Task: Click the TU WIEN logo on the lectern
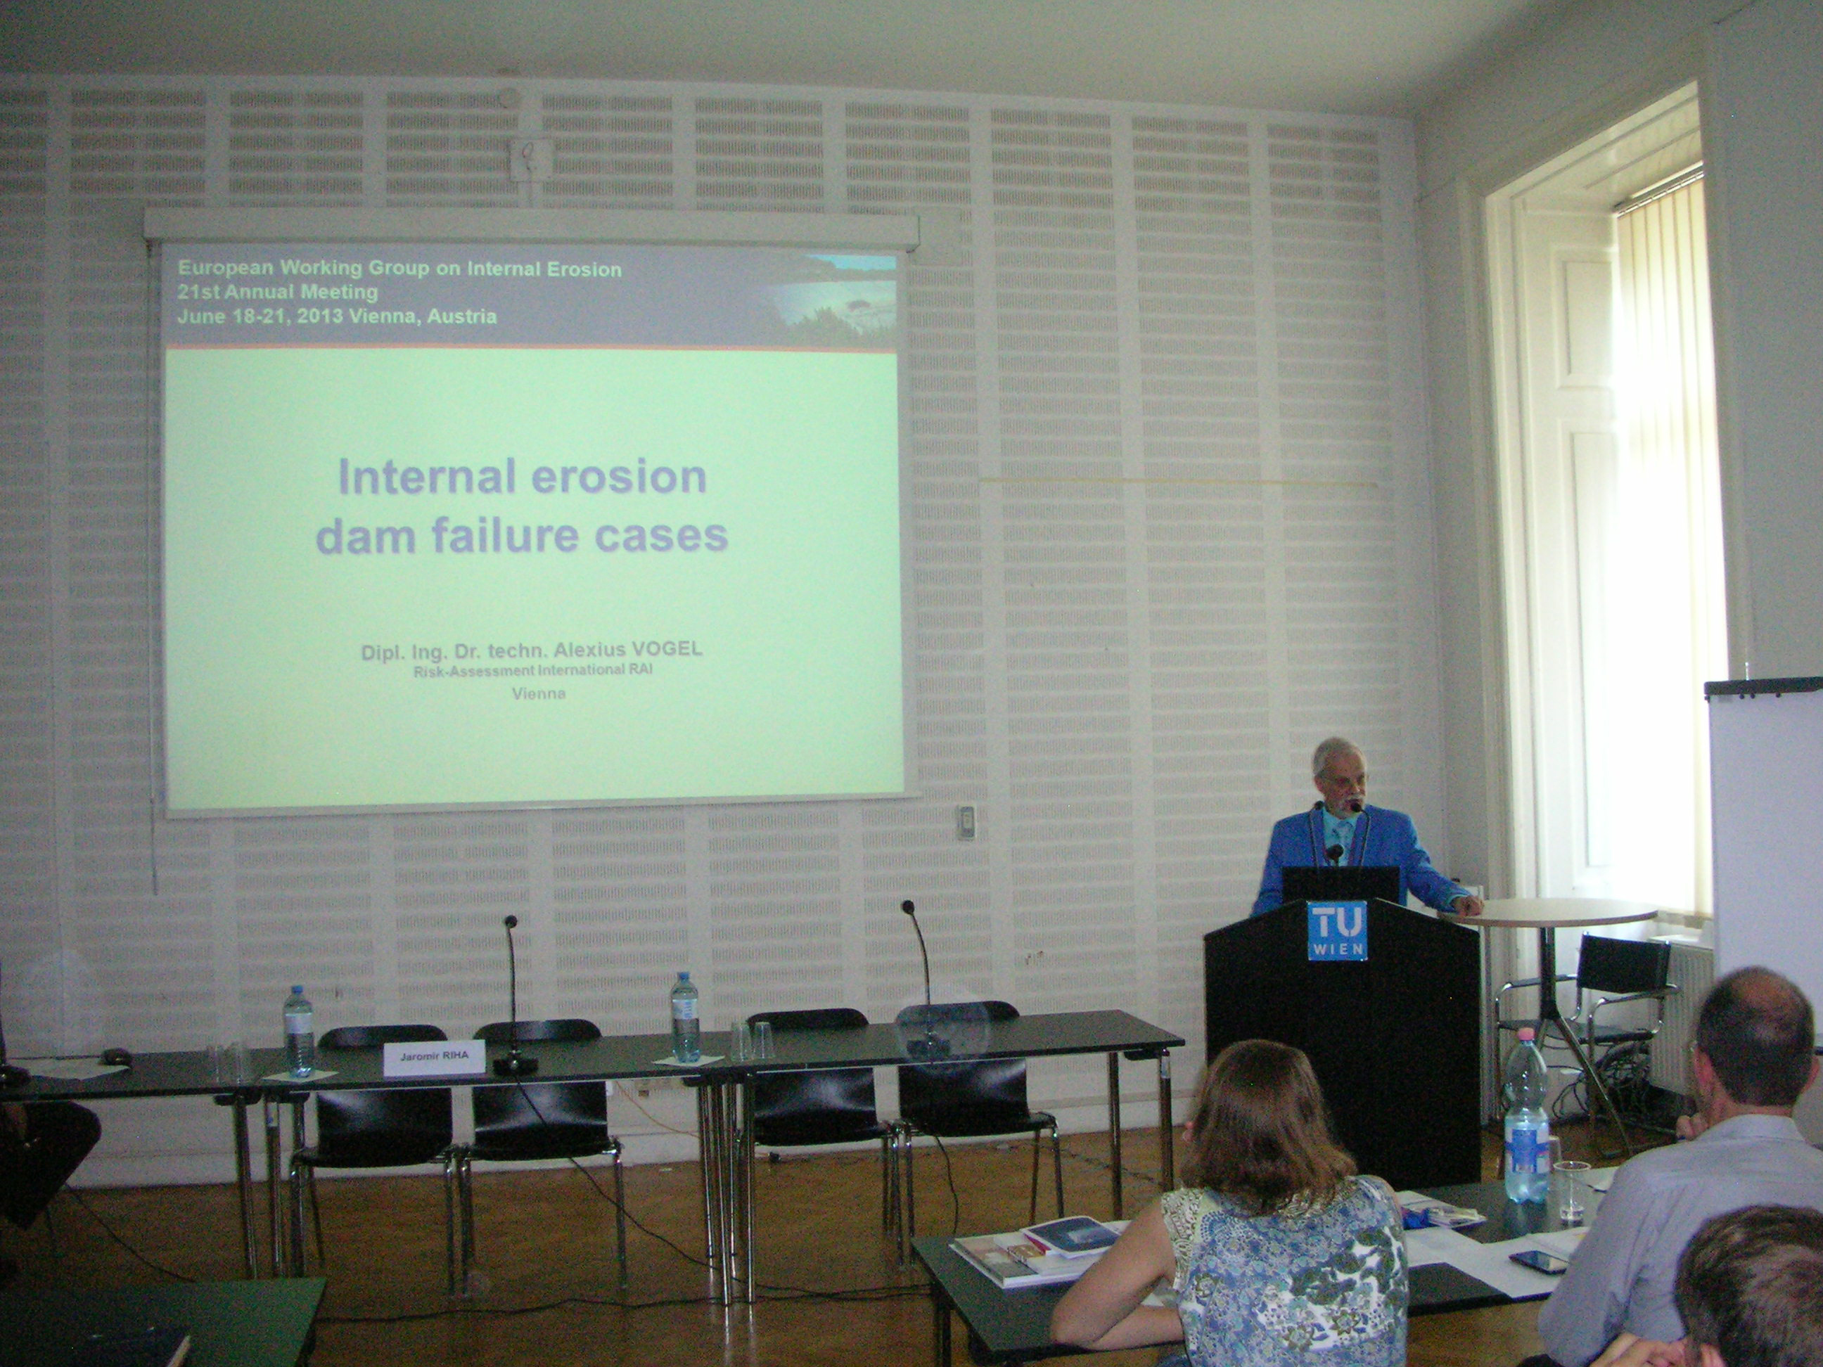(1337, 930)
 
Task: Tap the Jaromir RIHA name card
(435, 1058)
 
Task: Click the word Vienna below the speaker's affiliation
(539, 694)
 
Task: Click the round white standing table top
(1549, 912)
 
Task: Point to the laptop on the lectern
(1340, 884)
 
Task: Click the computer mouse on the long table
(115, 1055)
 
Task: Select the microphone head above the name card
(511, 920)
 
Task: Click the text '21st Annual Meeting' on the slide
(279, 292)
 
